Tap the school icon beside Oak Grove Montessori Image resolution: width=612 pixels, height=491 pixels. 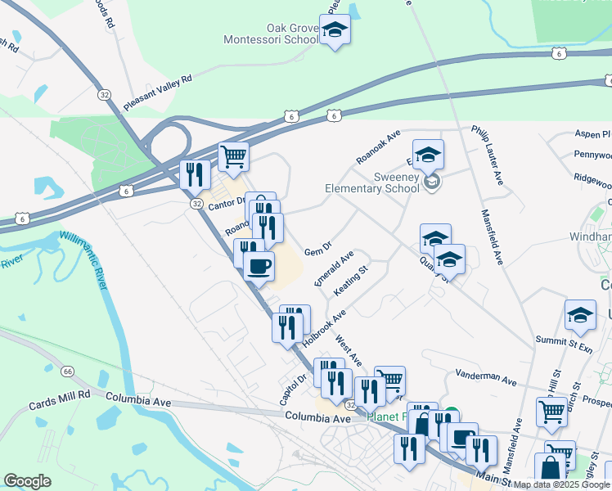[x=335, y=30]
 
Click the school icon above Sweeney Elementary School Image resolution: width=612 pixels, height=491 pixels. [x=428, y=155]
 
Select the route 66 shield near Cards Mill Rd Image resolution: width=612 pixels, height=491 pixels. [x=67, y=371]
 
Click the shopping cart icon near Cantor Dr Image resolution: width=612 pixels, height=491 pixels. [x=234, y=155]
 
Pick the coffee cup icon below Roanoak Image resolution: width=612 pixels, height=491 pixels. [x=259, y=266]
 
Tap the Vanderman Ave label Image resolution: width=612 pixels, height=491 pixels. [x=487, y=381]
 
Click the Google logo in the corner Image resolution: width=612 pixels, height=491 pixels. [x=27, y=481]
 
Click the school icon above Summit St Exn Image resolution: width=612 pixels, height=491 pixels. [x=580, y=316]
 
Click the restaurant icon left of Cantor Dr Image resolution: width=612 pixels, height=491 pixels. [x=195, y=173]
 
